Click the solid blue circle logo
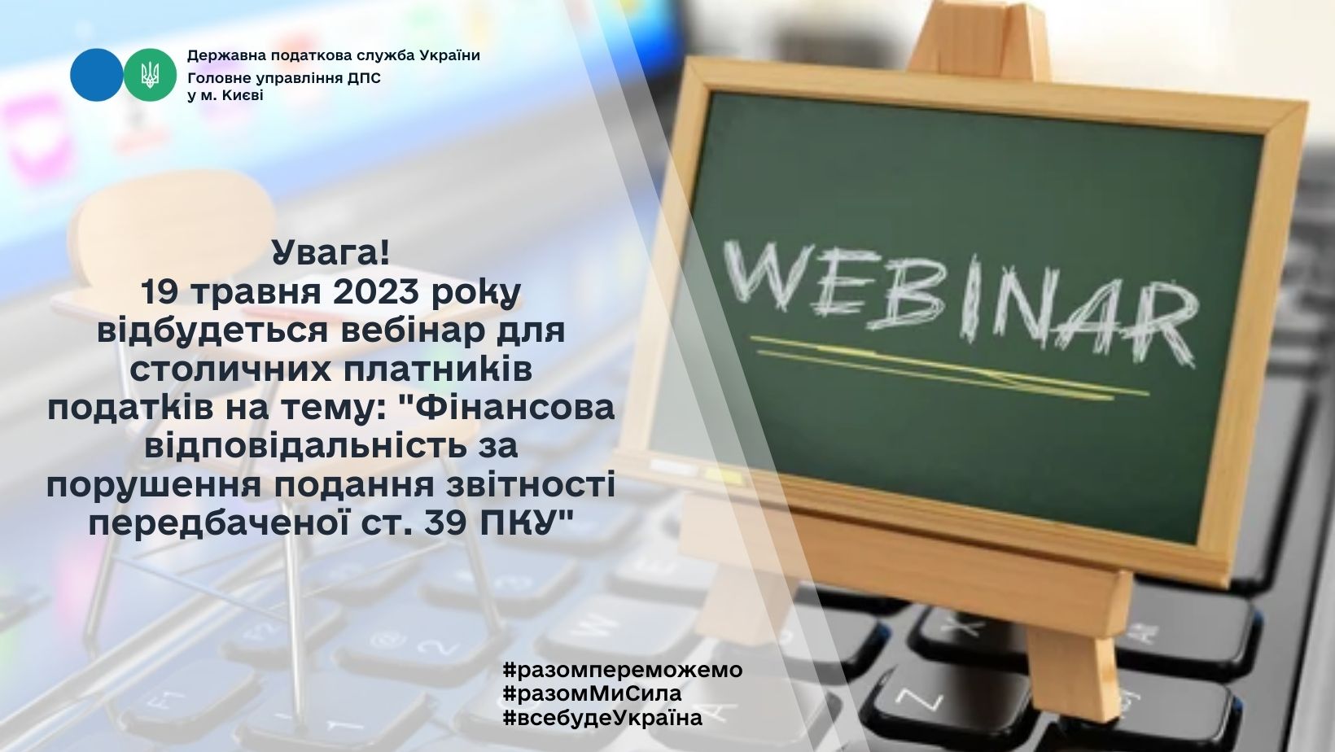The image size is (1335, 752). [x=97, y=75]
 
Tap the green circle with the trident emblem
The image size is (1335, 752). [x=150, y=75]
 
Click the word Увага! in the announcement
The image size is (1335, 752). [x=331, y=253]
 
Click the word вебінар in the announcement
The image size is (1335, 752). [x=422, y=330]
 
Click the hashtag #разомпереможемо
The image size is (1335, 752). [x=623, y=670]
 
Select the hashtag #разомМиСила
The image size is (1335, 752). [x=593, y=693]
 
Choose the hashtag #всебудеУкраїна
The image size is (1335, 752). [x=602, y=718]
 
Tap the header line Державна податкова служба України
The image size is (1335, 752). [x=334, y=56]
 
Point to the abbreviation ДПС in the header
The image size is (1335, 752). [x=364, y=79]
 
